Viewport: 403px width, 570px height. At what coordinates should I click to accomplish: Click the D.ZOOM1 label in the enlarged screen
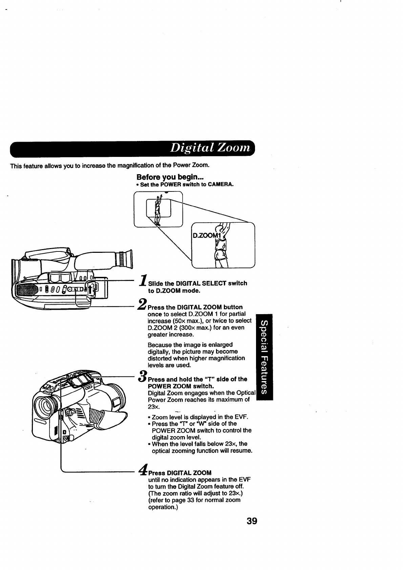[206, 236]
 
